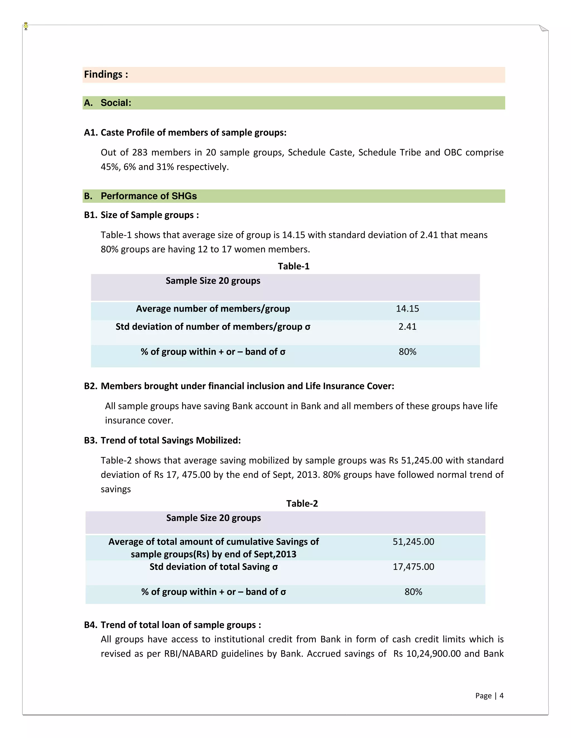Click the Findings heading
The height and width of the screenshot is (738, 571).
(106, 74)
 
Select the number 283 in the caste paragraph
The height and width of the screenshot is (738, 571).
(139, 152)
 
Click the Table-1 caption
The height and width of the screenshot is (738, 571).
(293, 266)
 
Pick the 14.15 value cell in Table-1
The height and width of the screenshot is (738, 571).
(407, 309)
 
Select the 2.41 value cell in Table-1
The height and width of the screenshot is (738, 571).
(407, 327)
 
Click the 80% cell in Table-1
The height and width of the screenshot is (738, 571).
(407, 352)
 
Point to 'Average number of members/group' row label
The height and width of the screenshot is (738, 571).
(213, 309)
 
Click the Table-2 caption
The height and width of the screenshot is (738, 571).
(302, 504)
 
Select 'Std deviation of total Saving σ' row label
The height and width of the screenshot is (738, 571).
(214, 567)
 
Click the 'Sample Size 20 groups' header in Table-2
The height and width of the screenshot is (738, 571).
(214, 518)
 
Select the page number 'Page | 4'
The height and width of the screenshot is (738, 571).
(489, 695)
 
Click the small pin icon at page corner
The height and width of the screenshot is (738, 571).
(26, 26)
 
